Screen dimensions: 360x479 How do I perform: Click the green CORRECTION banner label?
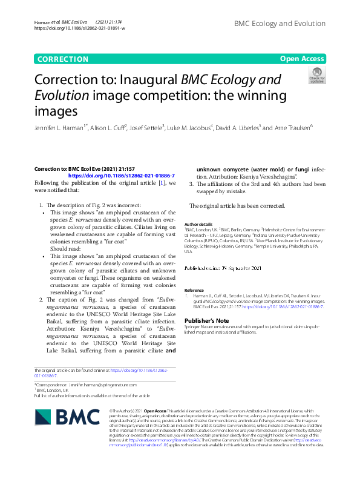pos(62,59)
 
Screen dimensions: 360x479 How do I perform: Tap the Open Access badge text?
pos(302,59)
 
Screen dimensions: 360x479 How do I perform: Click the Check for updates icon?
pos(316,75)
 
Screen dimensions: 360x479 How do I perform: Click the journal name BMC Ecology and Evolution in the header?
pos(280,24)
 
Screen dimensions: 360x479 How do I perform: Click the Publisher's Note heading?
pos(206,320)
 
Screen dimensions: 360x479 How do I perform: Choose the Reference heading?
pos(194,290)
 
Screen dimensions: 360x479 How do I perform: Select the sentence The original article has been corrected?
pos(229,206)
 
